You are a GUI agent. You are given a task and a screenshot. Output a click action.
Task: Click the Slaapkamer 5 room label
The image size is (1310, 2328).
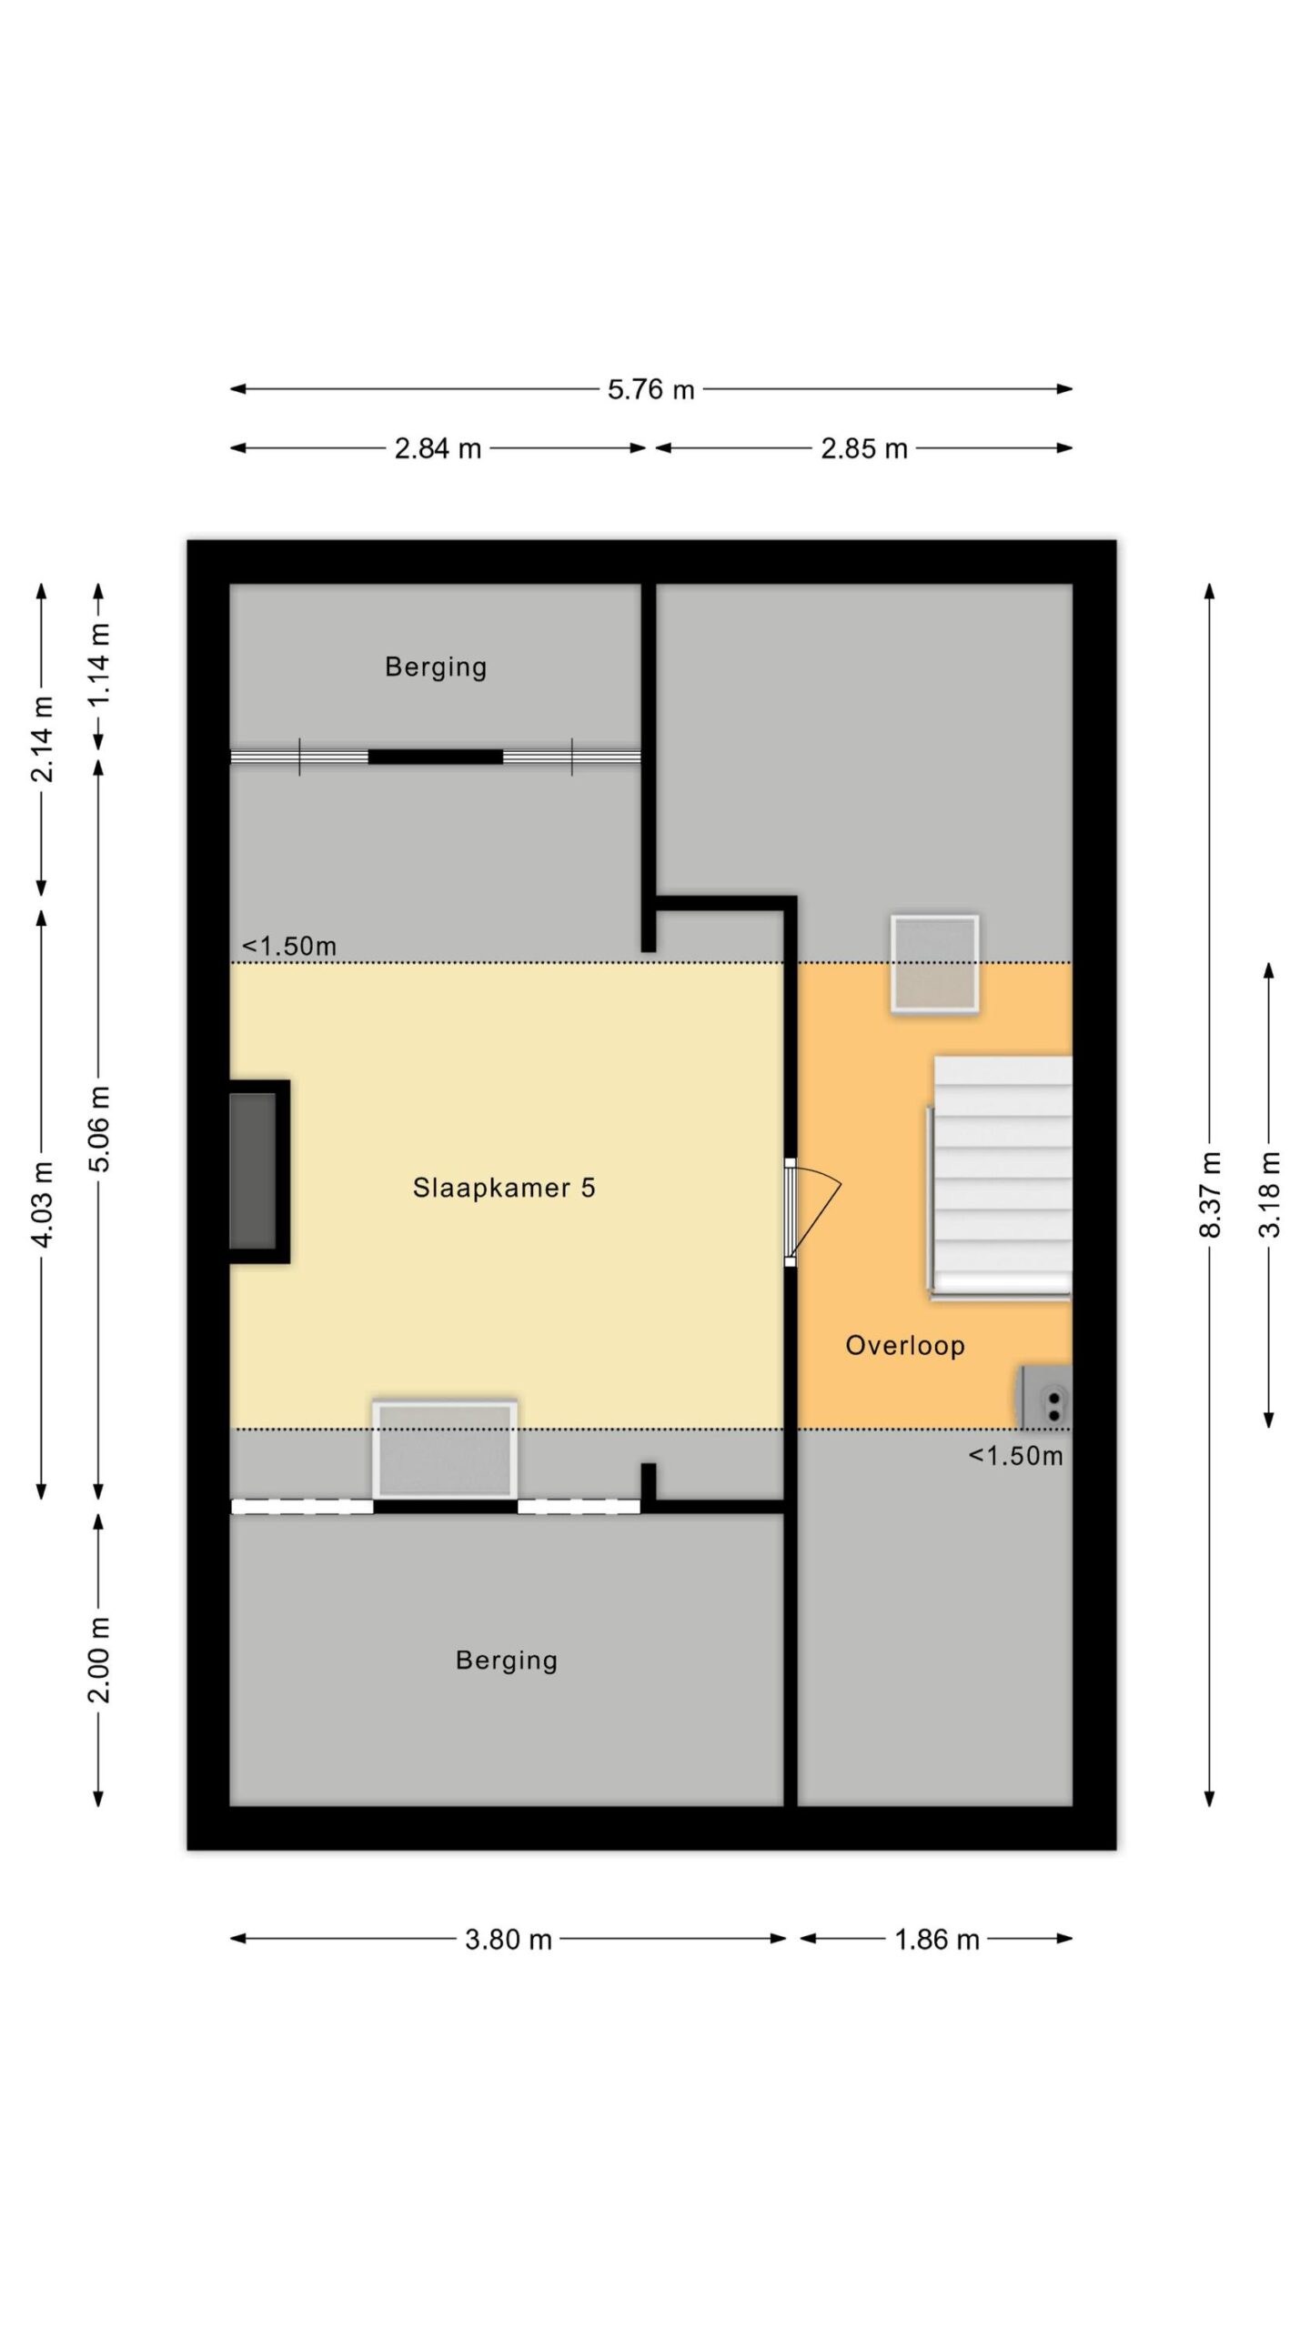pos(504,1188)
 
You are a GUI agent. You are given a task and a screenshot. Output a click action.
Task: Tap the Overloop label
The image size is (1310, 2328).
pos(905,1346)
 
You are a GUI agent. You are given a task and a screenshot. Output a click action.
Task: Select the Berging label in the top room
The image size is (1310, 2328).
pos(436,667)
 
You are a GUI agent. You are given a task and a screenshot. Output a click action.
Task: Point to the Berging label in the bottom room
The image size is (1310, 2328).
pos(507,1661)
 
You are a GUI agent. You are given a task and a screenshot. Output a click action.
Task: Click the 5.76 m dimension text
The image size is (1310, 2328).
pos(651,390)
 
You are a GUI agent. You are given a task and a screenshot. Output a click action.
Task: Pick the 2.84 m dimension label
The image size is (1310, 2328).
pos(438,449)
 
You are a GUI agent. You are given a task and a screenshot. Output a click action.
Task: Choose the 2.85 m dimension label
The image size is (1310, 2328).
pos(864,449)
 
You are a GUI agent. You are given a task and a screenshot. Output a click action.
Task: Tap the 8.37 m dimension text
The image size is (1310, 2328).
pos(1210,1194)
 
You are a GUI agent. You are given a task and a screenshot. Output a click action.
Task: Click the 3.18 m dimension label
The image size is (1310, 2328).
pos(1270,1194)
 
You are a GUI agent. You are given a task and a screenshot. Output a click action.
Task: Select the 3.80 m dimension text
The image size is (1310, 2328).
pos(509,1940)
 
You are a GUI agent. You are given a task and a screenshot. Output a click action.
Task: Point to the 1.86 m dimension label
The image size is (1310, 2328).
pos(937,1940)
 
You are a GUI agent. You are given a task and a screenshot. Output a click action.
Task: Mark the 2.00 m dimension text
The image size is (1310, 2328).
pos(99,1661)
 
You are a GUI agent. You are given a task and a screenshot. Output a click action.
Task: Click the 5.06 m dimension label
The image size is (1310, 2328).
pos(99,1129)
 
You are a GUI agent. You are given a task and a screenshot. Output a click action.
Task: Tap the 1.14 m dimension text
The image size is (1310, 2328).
pos(99,665)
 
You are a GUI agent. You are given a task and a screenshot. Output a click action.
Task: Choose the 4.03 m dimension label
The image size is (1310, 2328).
pos(42,1203)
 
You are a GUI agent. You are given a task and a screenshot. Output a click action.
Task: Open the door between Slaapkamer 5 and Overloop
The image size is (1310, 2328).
pos(811,1211)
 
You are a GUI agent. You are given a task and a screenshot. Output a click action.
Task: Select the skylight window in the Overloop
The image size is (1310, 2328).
pos(935,964)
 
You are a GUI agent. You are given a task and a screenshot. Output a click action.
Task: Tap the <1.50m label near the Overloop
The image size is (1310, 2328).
pos(1015,1456)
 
